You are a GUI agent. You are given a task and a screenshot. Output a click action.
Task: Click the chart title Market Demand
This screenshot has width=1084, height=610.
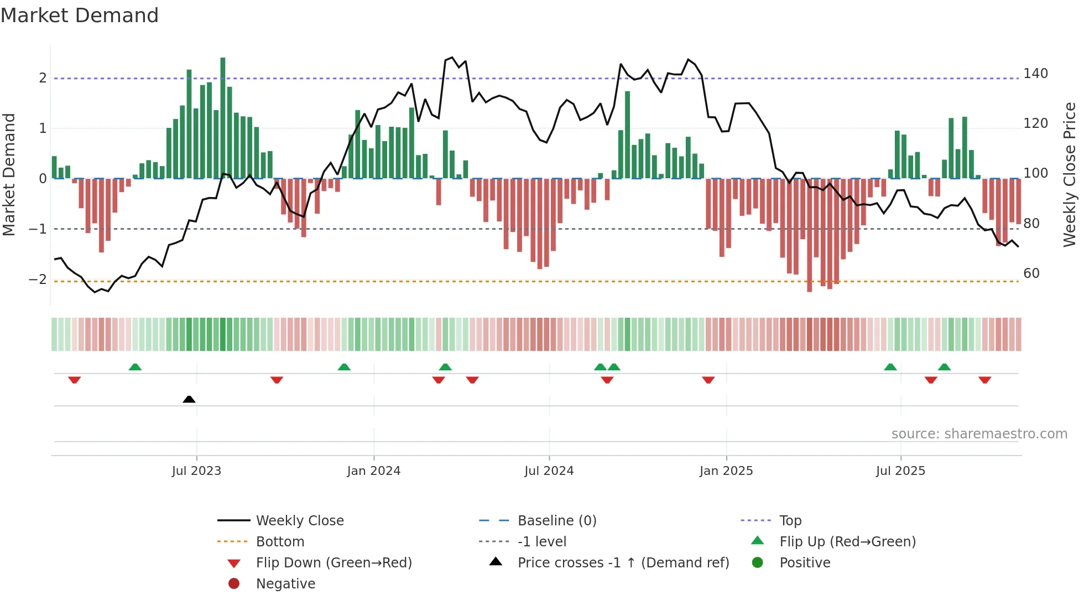point(80,15)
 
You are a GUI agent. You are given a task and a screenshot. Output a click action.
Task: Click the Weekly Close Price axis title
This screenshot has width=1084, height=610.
point(1070,174)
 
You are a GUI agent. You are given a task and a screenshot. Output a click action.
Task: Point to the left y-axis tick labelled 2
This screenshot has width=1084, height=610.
point(43,78)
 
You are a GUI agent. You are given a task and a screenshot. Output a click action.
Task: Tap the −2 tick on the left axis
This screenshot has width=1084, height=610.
point(38,280)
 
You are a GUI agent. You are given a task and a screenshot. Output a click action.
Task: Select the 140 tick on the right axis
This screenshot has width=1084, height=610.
point(1035,74)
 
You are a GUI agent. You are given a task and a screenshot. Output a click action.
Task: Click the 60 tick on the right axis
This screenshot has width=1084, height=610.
point(1031,273)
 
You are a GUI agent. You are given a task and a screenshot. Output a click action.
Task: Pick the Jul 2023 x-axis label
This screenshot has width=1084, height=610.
point(196,471)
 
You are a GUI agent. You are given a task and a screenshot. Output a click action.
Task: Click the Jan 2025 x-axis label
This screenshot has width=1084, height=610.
point(726,471)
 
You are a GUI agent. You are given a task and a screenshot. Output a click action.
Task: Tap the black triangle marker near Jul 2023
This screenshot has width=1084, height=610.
point(189,399)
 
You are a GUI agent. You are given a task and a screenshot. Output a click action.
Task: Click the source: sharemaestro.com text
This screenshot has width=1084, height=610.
point(979,434)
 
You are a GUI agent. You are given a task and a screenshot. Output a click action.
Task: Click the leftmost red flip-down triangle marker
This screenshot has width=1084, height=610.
point(75,380)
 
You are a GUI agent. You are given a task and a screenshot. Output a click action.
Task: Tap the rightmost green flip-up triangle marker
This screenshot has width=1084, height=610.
point(944,367)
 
